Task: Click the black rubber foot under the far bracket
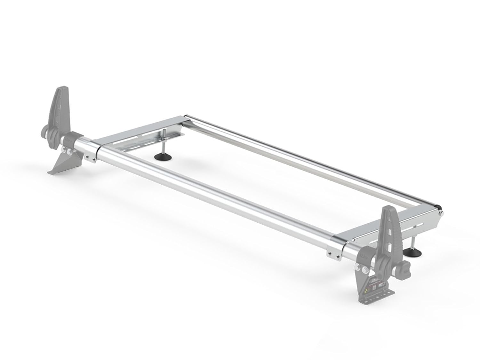pyautogui.click(x=163, y=156)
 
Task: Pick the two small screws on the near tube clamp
pyautogui.click(x=332, y=253)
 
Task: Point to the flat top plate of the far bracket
pyautogui.click(x=141, y=130)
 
